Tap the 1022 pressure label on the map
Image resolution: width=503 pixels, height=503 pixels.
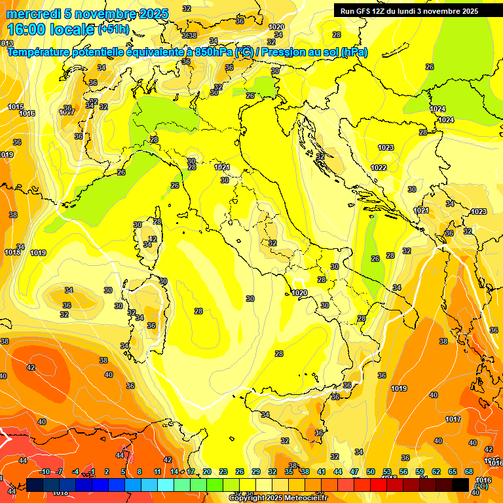click(x=379, y=168)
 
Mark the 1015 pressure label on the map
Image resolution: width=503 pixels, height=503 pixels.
click(x=16, y=107)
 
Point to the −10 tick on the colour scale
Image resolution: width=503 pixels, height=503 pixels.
click(x=44, y=472)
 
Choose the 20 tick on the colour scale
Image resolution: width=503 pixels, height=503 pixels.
click(x=206, y=472)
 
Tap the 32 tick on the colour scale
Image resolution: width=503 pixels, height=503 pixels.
click(x=272, y=472)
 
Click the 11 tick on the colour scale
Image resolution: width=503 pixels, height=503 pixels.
click(x=157, y=472)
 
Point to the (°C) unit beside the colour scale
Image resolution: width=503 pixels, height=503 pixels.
click(x=481, y=486)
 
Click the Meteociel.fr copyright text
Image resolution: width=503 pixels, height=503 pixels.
click(x=278, y=498)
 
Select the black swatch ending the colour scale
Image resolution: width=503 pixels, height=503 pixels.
click(x=460, y=485)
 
